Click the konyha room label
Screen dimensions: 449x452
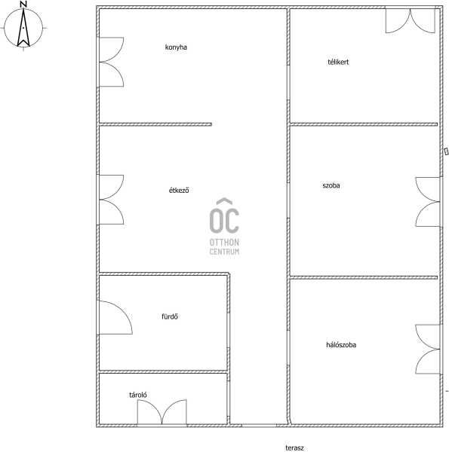pos(176,47)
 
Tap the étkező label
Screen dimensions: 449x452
pos(179,191)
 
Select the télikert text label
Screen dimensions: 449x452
pos(338,62)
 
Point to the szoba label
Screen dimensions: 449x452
pos(331,185)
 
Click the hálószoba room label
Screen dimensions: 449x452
pos(341,345)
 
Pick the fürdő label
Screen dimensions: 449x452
pos(170,316)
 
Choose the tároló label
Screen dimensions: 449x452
pos(138,395)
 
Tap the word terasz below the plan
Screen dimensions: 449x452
pos(294,447)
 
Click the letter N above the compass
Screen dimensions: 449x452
pos(23,4)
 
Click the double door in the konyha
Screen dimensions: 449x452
pos(112,62)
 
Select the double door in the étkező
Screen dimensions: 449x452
pos(112,200)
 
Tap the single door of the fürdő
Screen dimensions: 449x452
pos(115,317)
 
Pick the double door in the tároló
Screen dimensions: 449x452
pos(161,412)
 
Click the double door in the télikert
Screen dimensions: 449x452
pos(411,20)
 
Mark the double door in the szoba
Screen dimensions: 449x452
pos(428,202)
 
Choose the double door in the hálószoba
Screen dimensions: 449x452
pos(428,350)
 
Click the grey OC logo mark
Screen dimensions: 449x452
pos(224,215)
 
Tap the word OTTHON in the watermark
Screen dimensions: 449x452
pos(224,242)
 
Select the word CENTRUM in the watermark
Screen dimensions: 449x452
pos(224,252)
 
